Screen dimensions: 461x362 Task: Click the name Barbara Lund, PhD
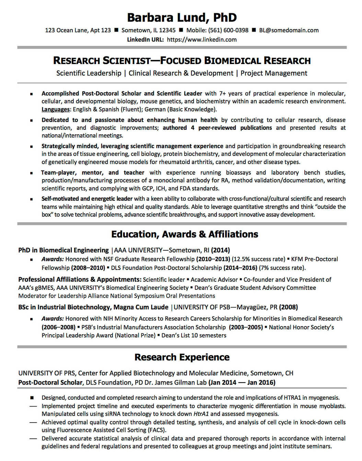point(182,17)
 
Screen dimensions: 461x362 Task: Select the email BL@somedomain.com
point(289,30)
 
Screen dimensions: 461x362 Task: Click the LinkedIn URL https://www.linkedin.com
point(202,39)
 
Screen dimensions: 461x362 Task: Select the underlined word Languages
point(56,109)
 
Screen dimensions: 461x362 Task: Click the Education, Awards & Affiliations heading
point(184,234)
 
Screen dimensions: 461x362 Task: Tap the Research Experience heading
point(182,357)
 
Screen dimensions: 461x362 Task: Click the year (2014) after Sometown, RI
point(220,250)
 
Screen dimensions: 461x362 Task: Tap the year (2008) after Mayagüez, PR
point(288,307)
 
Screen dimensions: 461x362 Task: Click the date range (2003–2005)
point(246,327)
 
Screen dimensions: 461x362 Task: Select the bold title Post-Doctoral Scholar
point(50,382)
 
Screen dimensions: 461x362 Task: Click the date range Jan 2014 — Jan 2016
point(242,382)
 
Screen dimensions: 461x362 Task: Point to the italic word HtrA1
point(201,414)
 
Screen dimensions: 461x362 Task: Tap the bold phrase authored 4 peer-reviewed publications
point(217,128)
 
